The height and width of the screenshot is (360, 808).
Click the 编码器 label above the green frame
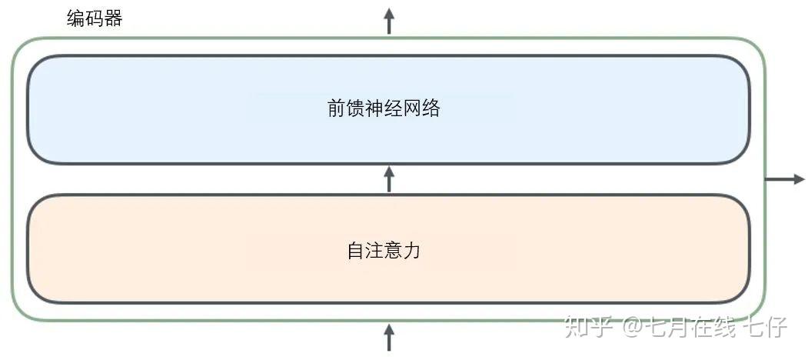coord(95,18)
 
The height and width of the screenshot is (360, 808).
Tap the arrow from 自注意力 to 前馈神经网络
coord(389,178)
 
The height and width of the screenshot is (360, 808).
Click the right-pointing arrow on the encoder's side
coord(784,179)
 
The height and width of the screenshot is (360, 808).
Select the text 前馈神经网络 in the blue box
coord(384,108)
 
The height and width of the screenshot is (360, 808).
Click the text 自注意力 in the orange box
coord(384,251)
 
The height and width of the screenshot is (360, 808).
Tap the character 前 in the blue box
coord(336,108)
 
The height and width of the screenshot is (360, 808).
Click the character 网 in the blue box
coord(412,108)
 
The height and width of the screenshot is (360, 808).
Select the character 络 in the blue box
coord(431,108)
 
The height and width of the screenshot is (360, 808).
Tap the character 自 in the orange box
coord(355,251)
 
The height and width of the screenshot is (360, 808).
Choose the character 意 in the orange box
coord(393,251)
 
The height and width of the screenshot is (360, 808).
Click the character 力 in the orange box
coord(412,251)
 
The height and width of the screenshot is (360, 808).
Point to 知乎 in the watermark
coord(588,327)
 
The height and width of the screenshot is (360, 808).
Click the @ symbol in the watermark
coord(631,328)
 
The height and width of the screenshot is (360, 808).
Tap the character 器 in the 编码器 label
coord(113,18)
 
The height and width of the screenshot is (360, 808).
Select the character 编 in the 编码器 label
coord(75,18)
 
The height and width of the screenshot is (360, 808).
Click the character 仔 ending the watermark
coord(775,327)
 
